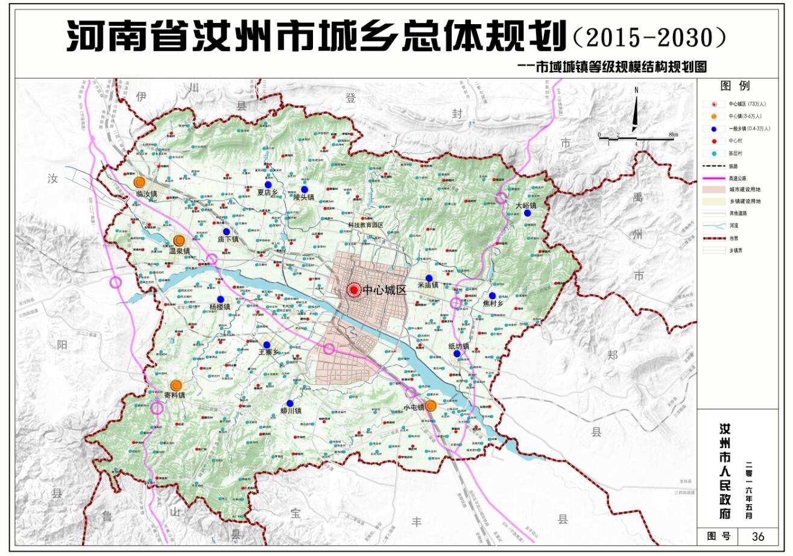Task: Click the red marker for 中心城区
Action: (x=355, y=290)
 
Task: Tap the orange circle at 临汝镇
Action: (x=139, y=181)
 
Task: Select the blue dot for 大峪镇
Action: (x=528, y=213)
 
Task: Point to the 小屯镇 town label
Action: (x=414, y=408)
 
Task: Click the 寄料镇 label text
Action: (x=174, y=395)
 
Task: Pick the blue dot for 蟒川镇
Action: (x=290, y=403)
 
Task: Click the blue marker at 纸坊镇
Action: (x=457, y=353)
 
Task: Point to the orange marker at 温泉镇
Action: (x=179, y=240)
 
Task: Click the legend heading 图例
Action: (x=735, y=86)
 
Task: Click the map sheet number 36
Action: (x=758, y=536)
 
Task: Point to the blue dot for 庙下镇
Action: (x=226, y=231)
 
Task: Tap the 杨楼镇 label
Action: (x=220, y=307)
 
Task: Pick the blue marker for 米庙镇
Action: (x=429, y=278)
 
